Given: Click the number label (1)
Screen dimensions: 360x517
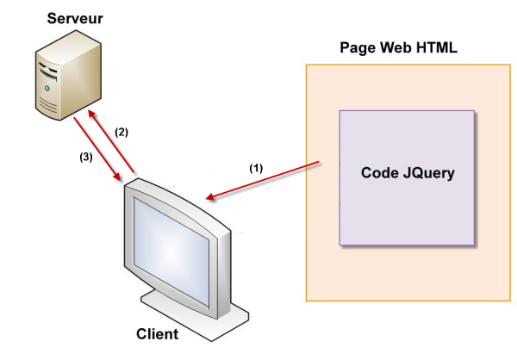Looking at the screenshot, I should [x=257, y=168].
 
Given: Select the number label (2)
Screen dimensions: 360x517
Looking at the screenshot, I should [x=121, y=132].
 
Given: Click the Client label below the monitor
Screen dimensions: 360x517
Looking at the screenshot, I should [x=158, y=334].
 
